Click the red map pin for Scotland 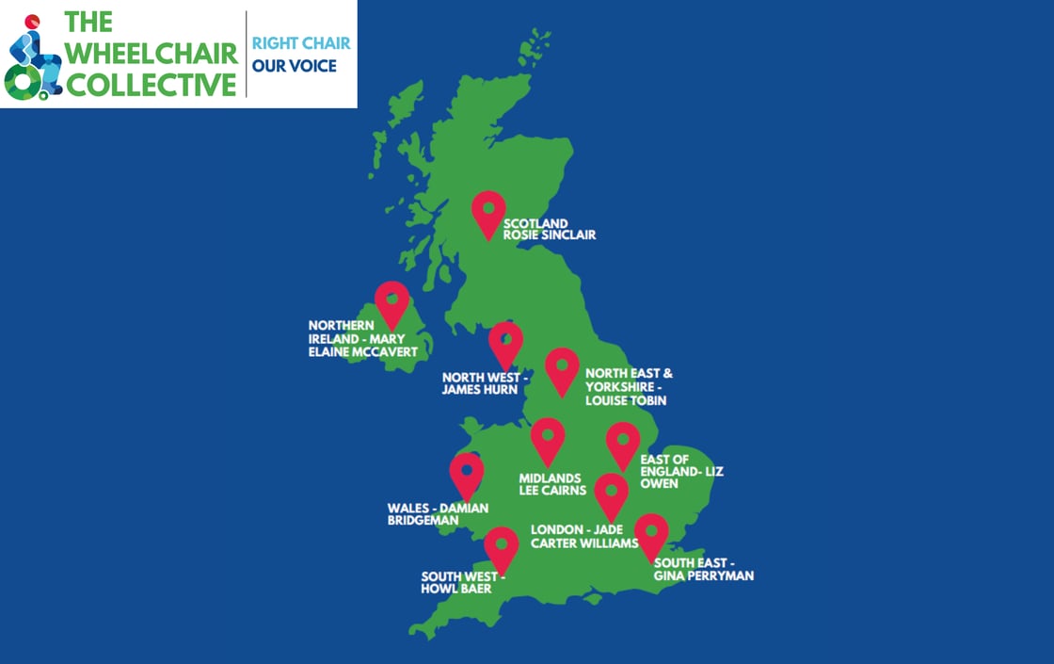[x=488, y=211]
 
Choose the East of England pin [x=622, y=443]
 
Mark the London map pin [x=611, y=494]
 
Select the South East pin [x=651, y=534]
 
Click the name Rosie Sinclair [x=550, y=235]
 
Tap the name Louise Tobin [x=625, y=400]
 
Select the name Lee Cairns [x=552, y=490]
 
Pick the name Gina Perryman [x=704, y=575]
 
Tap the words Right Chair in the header [x=301, y=43]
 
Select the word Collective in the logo [x=151, y=85]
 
